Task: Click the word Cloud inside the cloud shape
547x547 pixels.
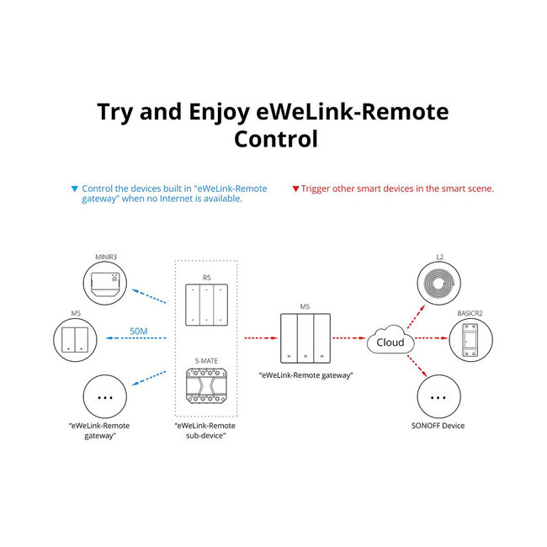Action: pos(390,343)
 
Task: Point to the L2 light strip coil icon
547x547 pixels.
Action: pos(439,284)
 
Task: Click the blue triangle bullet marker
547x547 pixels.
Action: pos(75,189)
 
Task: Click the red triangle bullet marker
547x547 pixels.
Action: pos(295,189)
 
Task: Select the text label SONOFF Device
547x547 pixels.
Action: pos(439,426)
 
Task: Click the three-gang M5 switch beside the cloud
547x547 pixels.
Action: pos(305,337)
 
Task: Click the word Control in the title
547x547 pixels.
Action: pos(274,139)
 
